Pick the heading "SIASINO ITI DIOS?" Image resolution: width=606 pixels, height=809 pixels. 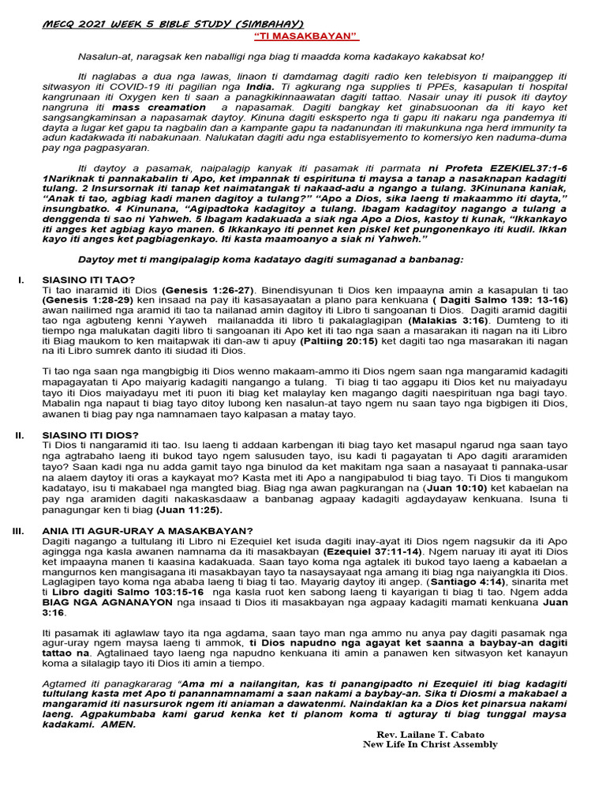(x=90, y=435)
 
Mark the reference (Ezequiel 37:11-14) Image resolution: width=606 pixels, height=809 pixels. (x=371, y=550)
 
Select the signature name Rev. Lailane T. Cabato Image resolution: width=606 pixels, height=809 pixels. (x=430, y=734)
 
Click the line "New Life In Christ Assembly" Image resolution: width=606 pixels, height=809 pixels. (x=430, y=744)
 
